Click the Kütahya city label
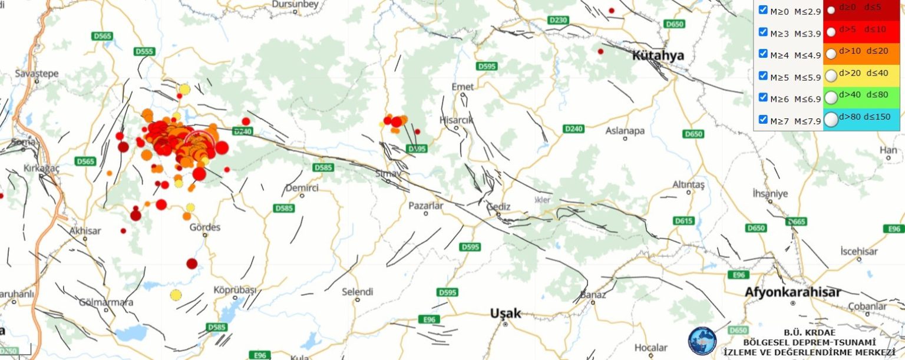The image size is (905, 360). click(x=658, y=55)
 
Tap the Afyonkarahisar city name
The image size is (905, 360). click(x=792, y=292)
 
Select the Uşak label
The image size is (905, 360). click(x=506, y=313)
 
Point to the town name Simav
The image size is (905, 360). click(x=388, y=174)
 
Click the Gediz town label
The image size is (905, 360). click(x=498, y=206)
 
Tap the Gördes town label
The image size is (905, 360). click(x=205, y=227)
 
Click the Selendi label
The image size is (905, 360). click(x=358, y=292)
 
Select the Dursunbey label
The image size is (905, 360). click(x=295, y=5)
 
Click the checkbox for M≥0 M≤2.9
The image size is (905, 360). click(x=763, y=10)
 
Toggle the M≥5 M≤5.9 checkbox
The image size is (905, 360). click(x=763, y=75)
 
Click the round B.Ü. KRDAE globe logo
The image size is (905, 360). click(x=702, y=341)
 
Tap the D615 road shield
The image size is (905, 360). click(x=683, y=220)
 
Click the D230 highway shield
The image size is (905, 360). click(x=558, y=20)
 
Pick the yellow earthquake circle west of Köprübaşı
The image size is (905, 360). click(x=176, y=295)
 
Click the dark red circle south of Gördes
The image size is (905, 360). click(x=191, y=263)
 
